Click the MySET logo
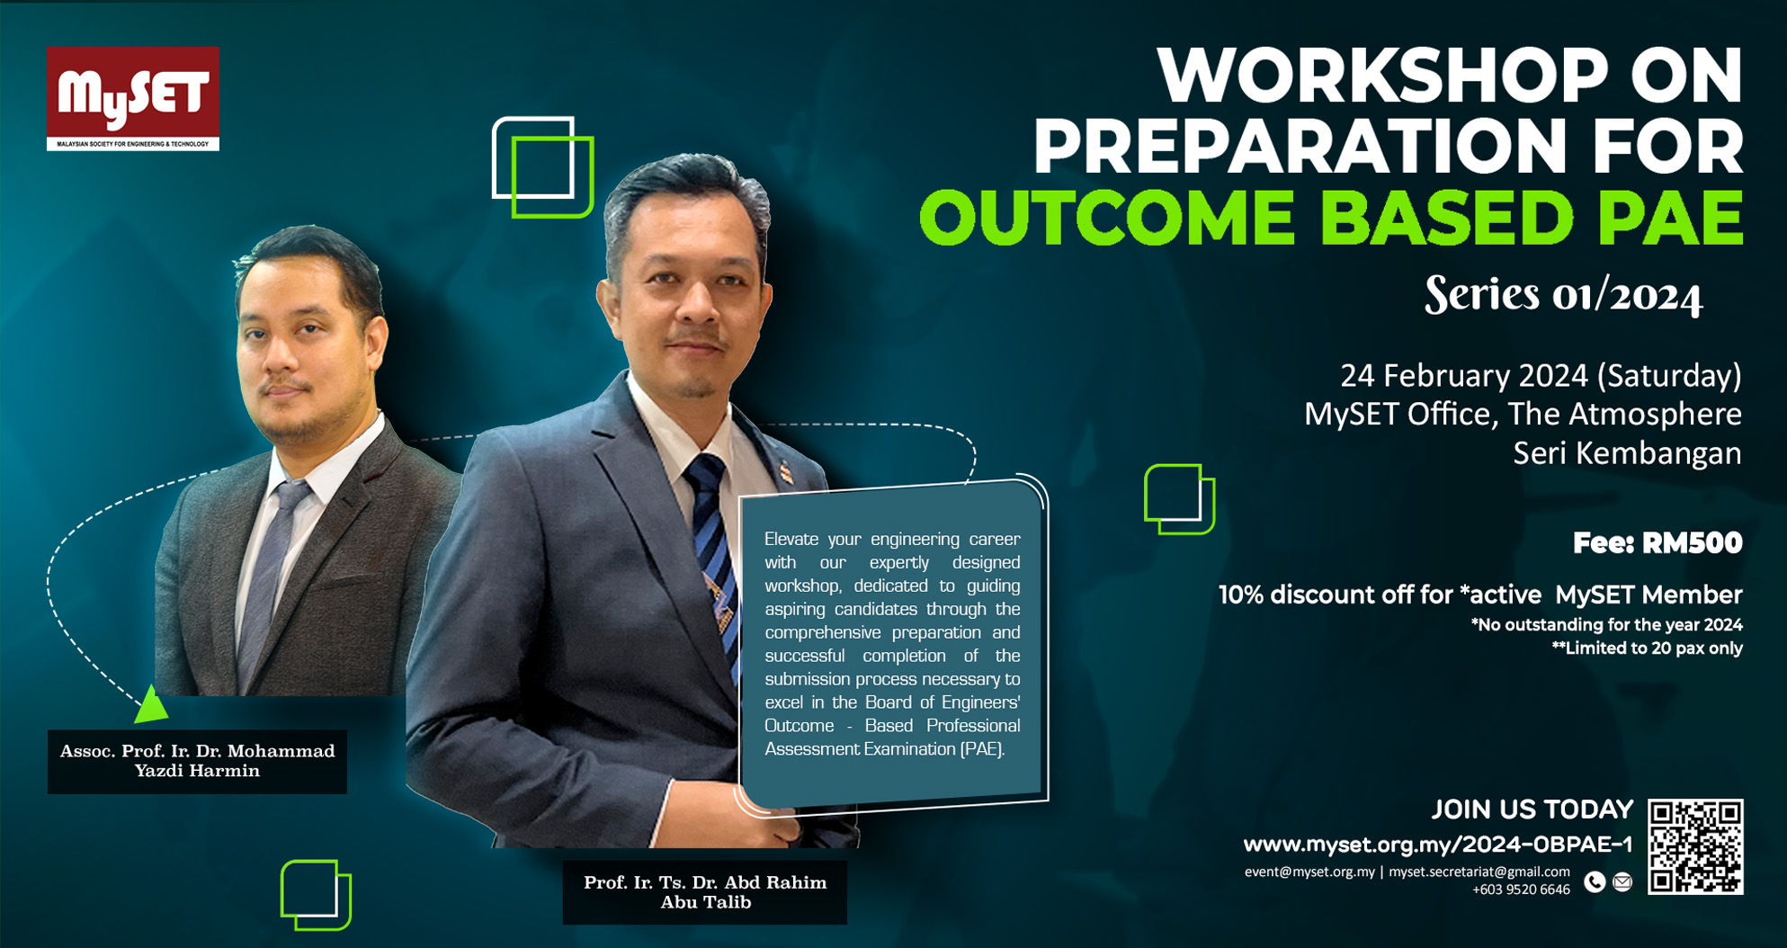133,98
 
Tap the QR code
1695,846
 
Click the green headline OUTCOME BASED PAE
1331,219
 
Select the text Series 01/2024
1563,295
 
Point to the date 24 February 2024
1466,375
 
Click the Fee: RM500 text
1657,543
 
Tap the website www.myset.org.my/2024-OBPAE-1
1437,845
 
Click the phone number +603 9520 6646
1521,890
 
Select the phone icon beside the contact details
1595,882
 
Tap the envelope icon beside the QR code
1622,882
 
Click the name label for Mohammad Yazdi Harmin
197,761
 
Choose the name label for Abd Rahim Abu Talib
705,892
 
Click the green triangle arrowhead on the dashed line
150,706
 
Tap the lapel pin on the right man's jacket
788,471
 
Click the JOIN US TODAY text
1532,809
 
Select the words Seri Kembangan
1627,453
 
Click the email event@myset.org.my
1309,872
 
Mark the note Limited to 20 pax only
1647,648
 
